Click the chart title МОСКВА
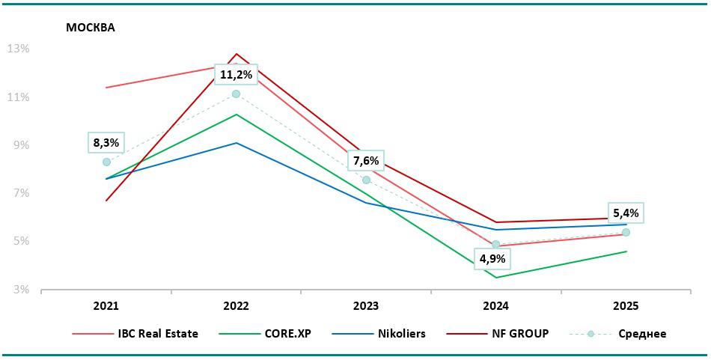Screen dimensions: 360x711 (91, 28)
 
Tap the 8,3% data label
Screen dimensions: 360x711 (106, 141)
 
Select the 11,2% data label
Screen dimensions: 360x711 (236, 74)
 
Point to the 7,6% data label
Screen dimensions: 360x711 (366, 160)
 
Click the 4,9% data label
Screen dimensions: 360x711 (492, 259)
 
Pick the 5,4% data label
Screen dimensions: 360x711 (626, 213)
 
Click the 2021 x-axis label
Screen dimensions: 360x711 (106, 306)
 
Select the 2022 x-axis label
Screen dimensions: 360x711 (236, 306)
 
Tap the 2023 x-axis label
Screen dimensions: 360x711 (366, 306)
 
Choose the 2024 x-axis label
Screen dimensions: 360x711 (495, 306)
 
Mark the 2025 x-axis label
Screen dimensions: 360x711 (626, 306)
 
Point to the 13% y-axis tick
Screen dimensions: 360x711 (18, 49)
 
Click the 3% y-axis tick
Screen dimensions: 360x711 (21, 290)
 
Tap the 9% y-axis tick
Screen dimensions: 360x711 (21, 145)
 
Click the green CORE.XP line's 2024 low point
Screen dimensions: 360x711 (495, 278)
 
